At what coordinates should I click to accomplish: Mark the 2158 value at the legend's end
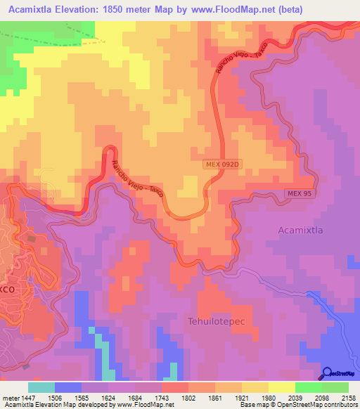(349, 397)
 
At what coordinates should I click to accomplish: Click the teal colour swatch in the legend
(41, 387)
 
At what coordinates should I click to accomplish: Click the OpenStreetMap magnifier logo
(326, 374)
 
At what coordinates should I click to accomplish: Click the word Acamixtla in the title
(34, 9)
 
